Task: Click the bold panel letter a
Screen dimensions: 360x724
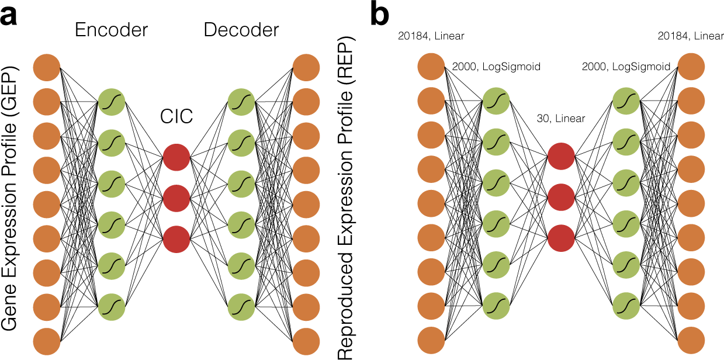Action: click(x=9, y=16)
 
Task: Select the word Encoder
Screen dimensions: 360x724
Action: click(x=110, y=30)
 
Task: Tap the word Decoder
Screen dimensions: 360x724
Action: click(x=241, y=30)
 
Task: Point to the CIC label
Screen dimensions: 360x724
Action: click(x=176, y=118)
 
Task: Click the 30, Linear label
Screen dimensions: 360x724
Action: click(x=561, y=119)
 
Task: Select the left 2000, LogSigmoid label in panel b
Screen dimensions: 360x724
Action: click(x=496, y=67)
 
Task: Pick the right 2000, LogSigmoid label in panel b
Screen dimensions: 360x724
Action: click(x=626, y=67)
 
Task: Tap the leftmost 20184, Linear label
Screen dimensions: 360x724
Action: click(x=431, y=36)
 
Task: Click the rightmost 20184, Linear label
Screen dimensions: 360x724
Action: click(x=690, y=36)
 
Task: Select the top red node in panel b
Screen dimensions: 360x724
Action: click(x=561, y=158)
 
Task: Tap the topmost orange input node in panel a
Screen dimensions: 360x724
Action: click(x=48, y=67)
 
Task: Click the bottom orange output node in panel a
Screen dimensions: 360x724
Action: click(x=306, y=341)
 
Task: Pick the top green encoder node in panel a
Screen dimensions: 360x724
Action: click(x=112, y=101)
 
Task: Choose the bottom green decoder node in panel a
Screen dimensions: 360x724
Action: click(x=241, y=306)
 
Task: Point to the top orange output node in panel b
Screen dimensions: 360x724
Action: click(x=691, y=65)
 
